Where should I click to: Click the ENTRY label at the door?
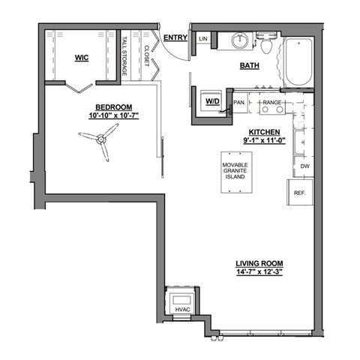click(175, 38)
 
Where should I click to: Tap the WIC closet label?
click(82, 58)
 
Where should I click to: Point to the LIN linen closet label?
click(202, 38)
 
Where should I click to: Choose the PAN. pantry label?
click(241, 102)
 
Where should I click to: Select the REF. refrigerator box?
click(301, 193)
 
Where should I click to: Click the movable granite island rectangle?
click(236, 173)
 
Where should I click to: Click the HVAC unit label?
click(182, 310)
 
